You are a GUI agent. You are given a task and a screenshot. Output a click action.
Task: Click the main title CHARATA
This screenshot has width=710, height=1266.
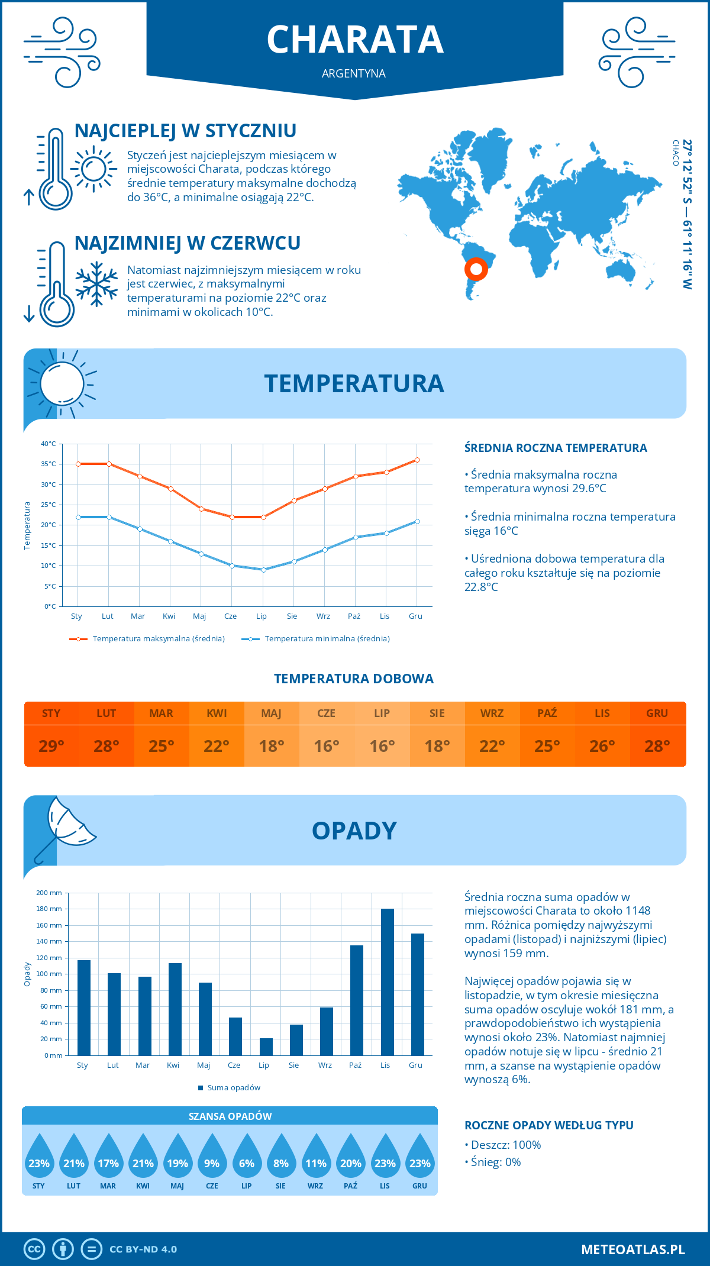point(355,40)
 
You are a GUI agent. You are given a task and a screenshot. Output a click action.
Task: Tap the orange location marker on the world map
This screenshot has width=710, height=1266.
point(476,269)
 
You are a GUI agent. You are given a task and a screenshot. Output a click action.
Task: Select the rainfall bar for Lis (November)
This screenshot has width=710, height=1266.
point(387,982)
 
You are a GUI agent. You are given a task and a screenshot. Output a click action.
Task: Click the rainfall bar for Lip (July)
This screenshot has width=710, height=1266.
point(266,1047)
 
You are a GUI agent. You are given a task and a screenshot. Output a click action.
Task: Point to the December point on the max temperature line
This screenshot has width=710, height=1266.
point(417,460)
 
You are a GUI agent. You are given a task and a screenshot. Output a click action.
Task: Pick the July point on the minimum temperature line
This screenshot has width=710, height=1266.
point(263,570)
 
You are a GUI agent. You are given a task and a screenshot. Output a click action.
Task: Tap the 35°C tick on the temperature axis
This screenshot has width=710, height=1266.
point(49,464)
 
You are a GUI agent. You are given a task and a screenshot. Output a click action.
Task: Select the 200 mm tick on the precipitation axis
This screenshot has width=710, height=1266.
point(49,893)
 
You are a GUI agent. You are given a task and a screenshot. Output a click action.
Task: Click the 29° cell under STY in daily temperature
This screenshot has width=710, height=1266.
point(51,746)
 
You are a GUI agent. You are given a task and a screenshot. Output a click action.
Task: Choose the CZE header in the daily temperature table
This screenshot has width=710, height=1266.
point(327,713)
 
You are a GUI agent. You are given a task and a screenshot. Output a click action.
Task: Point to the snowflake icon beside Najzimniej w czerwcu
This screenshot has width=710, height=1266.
point(96,285)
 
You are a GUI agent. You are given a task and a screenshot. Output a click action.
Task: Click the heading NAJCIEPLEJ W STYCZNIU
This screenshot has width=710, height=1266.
point(185,131)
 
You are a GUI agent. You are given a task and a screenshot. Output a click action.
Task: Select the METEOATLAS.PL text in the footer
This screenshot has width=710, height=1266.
point(632,1249)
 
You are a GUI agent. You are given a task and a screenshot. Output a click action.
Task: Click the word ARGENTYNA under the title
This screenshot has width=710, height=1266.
point(354,73)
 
